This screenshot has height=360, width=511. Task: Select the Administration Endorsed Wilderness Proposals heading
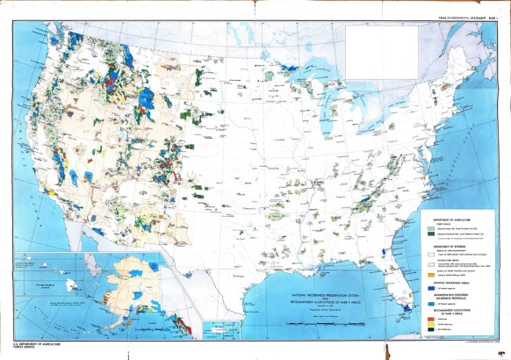pos(457,296)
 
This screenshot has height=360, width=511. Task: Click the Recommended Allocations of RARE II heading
pos(457,313)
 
